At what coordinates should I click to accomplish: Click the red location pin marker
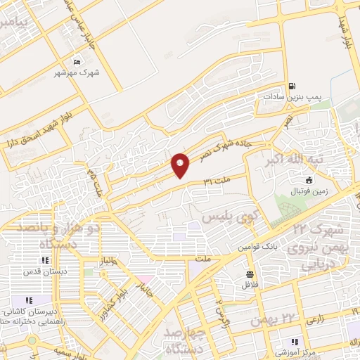click(180, 165)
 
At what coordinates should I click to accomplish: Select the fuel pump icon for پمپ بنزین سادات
click(291, 86)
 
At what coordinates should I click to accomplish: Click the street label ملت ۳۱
click(217, 181)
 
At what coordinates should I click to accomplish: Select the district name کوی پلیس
click(226, 216)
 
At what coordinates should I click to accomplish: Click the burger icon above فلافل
click(249, 274)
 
